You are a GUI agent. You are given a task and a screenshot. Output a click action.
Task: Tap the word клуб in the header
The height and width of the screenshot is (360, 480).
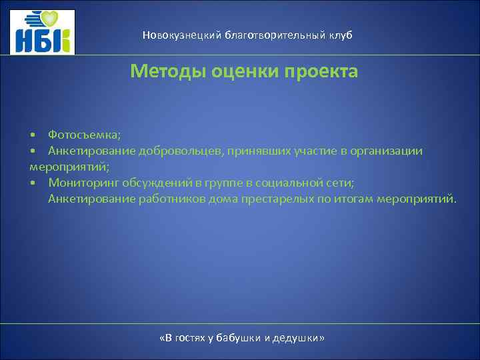tap(340, 35)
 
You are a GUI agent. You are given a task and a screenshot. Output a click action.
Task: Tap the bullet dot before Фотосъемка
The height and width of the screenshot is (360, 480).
tap(33, 135)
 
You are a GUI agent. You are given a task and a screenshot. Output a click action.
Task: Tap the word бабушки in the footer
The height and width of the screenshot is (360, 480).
tap(239, 338)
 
